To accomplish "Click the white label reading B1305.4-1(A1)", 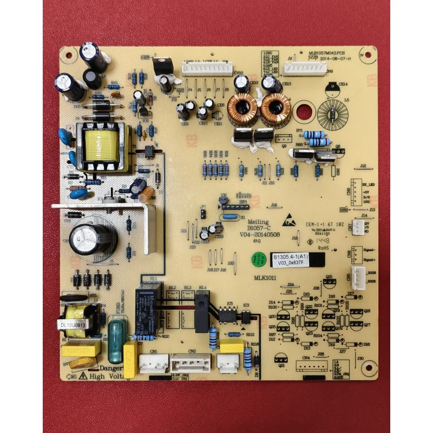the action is tap(291, 257).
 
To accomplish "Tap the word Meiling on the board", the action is tap(258, 222).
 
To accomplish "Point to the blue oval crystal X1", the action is tap(230, 218).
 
